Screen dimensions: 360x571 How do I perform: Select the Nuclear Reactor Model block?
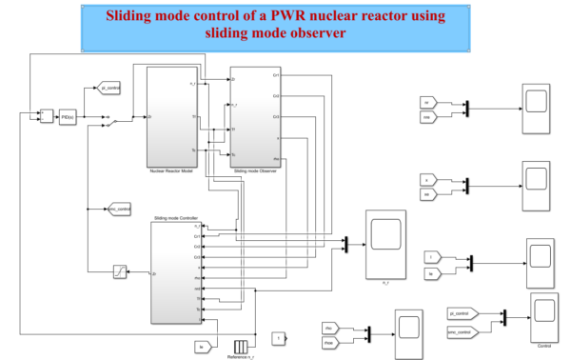(171, 116)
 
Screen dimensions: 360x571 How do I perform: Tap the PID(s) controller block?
(68, 117)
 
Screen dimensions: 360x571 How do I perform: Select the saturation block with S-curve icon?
(121, 273)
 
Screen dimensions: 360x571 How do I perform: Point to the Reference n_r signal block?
(242, 344)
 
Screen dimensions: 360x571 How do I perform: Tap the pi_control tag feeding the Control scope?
(462, 311)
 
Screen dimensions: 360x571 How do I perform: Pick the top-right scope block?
(535, 100)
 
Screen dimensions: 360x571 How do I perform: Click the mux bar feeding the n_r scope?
(346, 245)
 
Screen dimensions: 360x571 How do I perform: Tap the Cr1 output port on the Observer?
(278, 75)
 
